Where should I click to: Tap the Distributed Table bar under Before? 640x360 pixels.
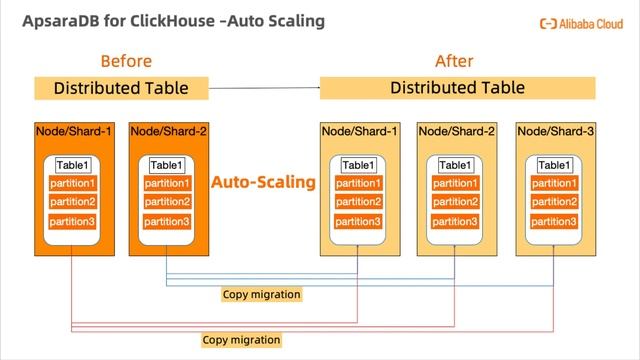coord(120,88)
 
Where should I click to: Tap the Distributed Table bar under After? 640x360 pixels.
coord(457,88)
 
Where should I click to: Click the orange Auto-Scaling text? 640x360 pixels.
coord(263,183)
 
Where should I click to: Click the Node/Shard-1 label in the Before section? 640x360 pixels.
coord(73,131)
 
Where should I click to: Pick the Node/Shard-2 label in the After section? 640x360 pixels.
coord(456,131)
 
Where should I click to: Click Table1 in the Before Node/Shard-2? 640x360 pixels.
coord(167,165)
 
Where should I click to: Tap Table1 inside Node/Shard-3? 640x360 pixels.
coord(554,165)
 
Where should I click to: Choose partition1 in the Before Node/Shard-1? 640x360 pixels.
coord(72,184)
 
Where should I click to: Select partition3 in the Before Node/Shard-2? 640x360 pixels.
coord(167,221)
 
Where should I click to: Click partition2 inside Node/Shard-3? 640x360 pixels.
coord(554,202)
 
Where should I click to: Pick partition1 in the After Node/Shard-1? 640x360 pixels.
coord(358,184)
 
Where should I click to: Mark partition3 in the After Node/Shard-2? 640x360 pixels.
coord(456,221)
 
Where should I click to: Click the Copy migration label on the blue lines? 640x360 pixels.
coord(260,295)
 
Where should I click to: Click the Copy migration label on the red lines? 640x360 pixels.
coord(241,340)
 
